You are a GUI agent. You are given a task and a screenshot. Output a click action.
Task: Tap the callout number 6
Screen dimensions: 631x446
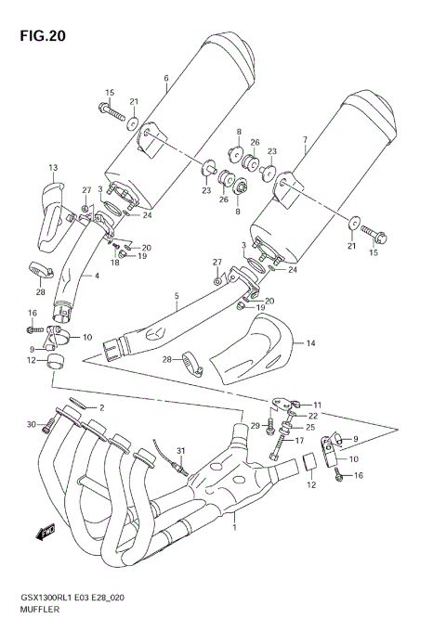click(x=165, y=78)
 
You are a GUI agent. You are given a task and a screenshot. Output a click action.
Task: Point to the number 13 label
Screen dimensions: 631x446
click(x=53, y=168)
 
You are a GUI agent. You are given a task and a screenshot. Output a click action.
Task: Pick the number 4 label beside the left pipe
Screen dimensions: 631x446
click(x=95, y=276)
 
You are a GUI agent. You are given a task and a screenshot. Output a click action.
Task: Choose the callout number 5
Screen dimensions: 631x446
click(x=176, y=297)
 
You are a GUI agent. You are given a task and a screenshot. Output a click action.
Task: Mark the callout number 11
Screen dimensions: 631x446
click(x=317, y=406)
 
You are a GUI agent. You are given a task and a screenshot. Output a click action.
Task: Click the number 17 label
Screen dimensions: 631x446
click(x=300, y=441)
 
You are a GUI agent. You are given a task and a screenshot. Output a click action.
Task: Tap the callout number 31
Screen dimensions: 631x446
click(x=182, y=451)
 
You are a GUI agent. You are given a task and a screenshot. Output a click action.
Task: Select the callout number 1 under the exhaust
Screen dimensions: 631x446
click(x=234, y=528)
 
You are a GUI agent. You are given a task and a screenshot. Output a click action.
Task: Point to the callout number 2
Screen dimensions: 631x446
click(x=102, y=407)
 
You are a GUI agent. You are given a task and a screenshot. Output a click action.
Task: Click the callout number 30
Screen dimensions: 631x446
click(x=32, y=425)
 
